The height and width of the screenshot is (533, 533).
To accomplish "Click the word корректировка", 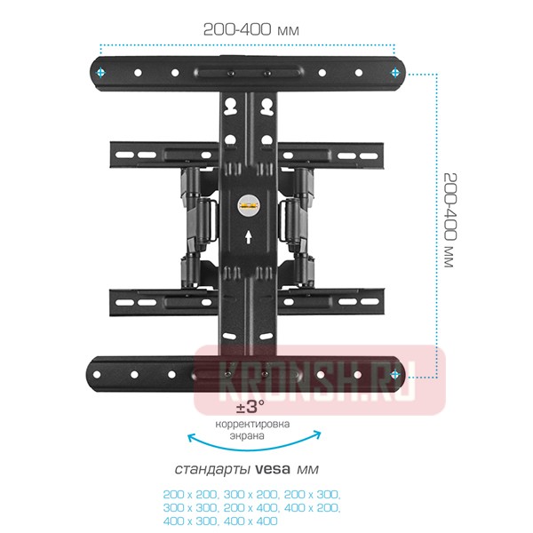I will click(x=252, y=425).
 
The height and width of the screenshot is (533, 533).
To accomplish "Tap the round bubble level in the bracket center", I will click(x=247, y=206).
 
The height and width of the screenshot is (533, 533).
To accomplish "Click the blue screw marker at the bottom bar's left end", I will click(x=103, y=374).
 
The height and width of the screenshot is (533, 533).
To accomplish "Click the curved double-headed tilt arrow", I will click(x=252, y=441).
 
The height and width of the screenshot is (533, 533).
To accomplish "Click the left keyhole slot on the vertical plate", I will click(x=231, y=107).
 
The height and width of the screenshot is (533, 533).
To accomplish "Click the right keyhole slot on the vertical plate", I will click(x=265, y=107).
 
